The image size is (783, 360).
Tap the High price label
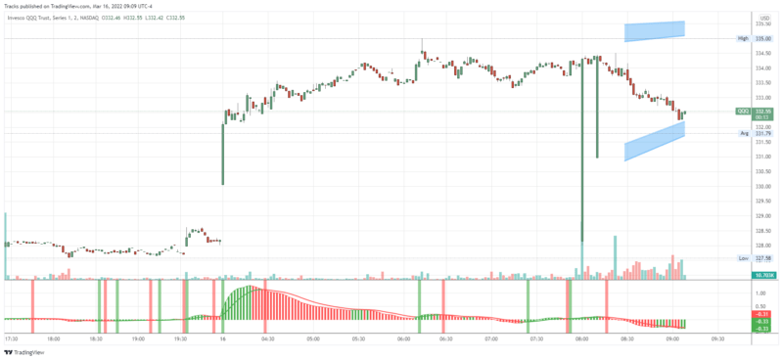pos(743,38)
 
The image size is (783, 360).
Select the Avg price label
pos(744,133)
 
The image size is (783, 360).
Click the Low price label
pos(743,258)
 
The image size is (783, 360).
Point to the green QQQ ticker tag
pos(743,112)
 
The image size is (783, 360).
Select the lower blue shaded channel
pos(654,142)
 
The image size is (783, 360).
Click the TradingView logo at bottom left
pos(26,352)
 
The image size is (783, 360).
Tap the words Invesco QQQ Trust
pos(30,18)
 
